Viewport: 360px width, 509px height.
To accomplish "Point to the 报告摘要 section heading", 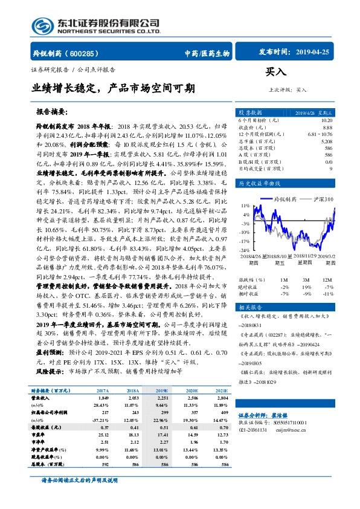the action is point(53,112).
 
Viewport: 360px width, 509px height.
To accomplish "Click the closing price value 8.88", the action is point(327,128).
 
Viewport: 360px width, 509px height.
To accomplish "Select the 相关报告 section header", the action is point(250,308).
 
